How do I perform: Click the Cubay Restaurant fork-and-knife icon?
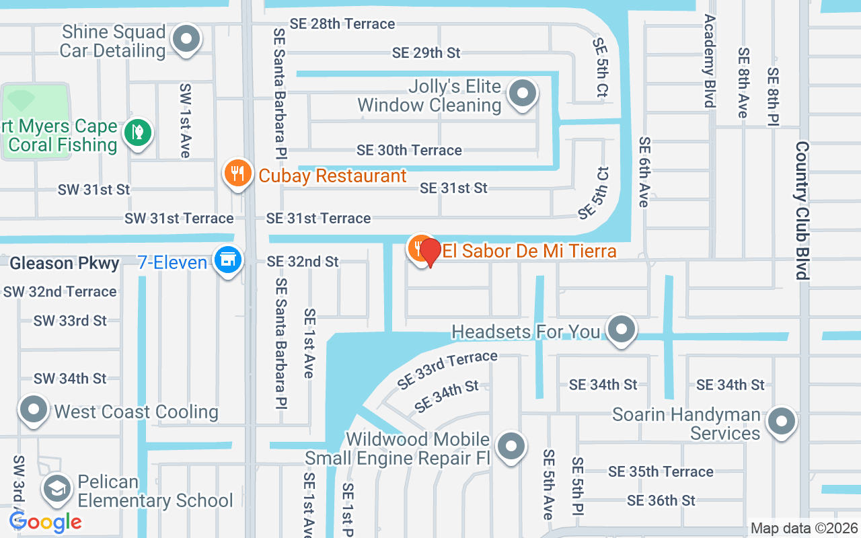tap(237, 174)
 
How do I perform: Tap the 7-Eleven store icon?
tap(227, 259)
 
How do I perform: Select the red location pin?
tap(430, 252)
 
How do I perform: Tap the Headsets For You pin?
tap(622, 330)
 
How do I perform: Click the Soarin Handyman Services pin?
tap(782, 422)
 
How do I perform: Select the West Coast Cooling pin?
tap(33, 409)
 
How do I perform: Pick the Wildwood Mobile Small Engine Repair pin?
tap(511, 446)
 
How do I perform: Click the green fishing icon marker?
tap(137, 132)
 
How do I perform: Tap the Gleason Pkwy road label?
tap(65, 263)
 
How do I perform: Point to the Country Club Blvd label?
tap(802, 210)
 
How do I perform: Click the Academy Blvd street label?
tap(709, 61)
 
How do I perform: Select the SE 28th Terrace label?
tap(342, 24)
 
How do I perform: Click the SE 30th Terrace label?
tap(409, 150)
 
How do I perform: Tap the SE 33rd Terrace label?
tap(447, 370)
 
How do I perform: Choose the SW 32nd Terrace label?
tap(60, 291)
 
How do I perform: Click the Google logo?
tap(46, 521)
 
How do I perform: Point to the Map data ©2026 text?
tap(804, 529)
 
